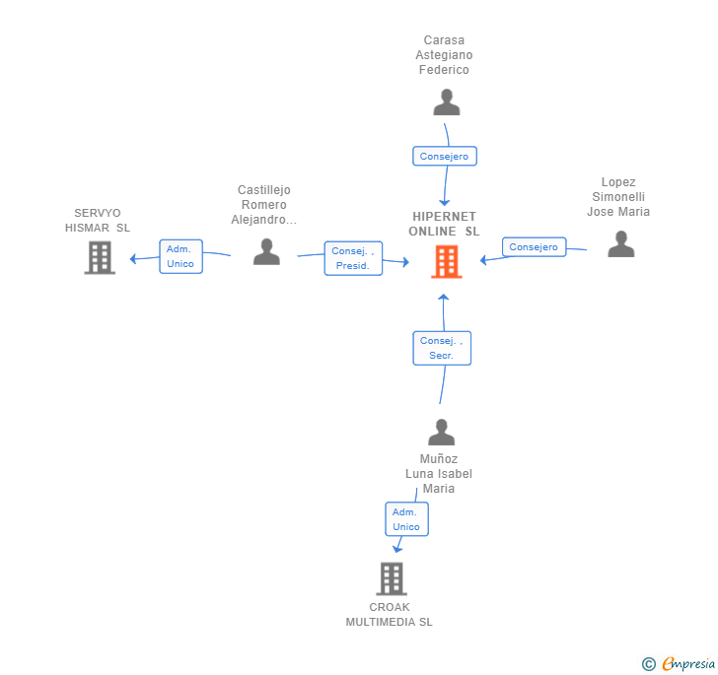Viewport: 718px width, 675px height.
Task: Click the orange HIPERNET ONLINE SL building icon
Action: tap(446, 261)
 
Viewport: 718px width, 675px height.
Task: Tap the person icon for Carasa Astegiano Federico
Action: tap(447, 102)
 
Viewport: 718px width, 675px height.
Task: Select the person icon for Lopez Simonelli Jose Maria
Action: tap(620, 243)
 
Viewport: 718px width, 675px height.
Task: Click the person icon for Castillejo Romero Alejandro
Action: tap(266, 251)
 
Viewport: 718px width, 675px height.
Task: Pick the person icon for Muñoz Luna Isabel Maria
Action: tap(441, 432)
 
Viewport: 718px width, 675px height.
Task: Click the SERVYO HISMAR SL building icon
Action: tap(100, 257)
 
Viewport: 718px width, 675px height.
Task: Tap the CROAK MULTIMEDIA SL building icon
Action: tap(392, 578)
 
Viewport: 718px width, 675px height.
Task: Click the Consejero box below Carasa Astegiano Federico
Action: tap(445, 156)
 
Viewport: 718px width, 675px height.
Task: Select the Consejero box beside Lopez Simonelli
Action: tap(534, 247)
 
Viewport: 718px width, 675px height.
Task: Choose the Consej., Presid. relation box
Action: tap(353, 258)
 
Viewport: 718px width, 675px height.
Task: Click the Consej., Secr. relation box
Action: tap(441, 348)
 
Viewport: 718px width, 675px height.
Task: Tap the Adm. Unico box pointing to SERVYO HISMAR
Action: tap(180, 256)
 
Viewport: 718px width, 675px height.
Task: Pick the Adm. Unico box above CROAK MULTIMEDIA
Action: tap(406, 519)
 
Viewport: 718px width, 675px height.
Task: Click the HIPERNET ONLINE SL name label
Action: tap(444, 224)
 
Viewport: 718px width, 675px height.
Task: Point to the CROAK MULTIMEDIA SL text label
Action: tap(390, 615)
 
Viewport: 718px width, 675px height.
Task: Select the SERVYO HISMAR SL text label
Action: tap(98, 220)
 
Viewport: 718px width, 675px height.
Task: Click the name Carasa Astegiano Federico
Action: tap(444, 55)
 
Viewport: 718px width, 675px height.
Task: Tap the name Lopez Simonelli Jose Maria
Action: tap(618, 197)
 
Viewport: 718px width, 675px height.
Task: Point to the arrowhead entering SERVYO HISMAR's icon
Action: tap(133, 259)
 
